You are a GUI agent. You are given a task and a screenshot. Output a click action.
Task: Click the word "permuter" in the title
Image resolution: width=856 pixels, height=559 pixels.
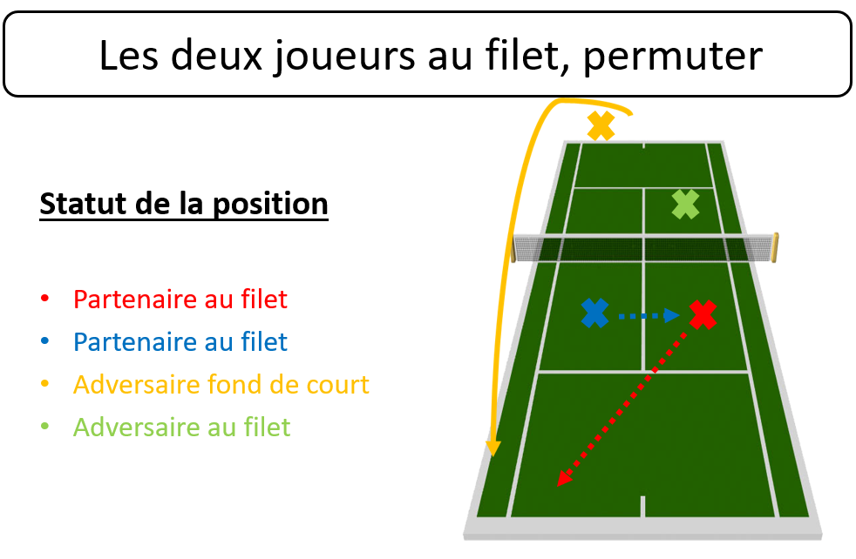click(x=673, y=57)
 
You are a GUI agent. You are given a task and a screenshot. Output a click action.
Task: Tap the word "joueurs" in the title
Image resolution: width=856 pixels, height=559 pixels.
click(x=344, y=57)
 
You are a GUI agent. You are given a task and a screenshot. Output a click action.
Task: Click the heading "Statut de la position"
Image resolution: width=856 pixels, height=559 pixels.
click(x=184, y=205)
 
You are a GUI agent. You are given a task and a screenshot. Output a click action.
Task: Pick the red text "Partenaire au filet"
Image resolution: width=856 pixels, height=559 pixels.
click(x=180, y=299)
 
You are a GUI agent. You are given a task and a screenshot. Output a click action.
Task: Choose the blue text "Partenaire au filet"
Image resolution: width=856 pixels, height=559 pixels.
click(x=180, y=342)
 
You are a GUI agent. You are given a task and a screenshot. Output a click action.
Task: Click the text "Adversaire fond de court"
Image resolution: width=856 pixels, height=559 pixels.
click(x=221, y=385)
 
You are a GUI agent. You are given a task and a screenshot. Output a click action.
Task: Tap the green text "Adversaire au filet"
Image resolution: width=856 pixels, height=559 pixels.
click(x=182, y=427)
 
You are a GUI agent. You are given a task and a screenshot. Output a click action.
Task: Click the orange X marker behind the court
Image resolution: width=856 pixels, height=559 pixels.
click(x=601, y=125)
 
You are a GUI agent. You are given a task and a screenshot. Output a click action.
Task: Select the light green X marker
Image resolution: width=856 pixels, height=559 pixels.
click(x=686, y=205)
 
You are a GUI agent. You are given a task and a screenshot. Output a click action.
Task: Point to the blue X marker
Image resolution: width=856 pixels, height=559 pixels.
click(x=595, y=313)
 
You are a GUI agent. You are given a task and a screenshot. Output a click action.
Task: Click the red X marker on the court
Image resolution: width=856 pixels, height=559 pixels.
click(x=703, y=314)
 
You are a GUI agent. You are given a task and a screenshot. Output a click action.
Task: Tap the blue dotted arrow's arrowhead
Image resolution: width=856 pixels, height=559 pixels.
click(x=671, y=315)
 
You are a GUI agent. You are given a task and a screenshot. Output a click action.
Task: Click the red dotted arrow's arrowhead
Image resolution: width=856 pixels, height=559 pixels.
click(x=564, y=478)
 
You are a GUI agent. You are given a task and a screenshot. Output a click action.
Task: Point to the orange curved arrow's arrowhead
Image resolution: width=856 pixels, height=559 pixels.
click(x=493, y=448)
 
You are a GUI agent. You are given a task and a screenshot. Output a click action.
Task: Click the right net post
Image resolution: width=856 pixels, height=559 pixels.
click(x=775, y=247)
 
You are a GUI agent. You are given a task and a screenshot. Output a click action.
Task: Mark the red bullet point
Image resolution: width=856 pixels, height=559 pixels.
click(x=44, y=299)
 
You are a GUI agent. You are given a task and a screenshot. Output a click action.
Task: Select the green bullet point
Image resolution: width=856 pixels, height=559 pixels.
click(x=44, y=427)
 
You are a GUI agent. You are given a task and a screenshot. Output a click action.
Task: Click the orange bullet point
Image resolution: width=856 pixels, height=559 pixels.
click(x=44, y=384)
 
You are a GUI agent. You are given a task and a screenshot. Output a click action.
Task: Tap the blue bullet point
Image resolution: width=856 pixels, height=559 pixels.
click(x=44, y=341)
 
